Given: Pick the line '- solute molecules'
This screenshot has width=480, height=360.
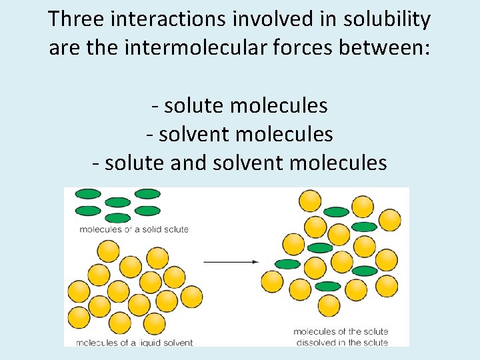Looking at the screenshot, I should coord(239,105).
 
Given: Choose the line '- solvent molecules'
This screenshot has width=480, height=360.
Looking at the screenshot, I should coord(239,134).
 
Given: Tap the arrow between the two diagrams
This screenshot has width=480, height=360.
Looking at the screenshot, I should coord(231,262).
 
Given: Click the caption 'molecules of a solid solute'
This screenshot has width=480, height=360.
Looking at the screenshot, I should coord(134,229).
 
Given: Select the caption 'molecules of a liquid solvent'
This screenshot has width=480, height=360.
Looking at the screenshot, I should coord(135,343).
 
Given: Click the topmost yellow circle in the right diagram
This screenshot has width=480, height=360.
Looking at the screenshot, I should coord(310,200).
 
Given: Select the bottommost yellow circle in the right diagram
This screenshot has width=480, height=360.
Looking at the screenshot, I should coord(329,305).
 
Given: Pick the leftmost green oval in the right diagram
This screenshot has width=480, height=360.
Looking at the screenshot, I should coord(287,264).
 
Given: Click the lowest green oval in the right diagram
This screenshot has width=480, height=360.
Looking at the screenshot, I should coord(327,287).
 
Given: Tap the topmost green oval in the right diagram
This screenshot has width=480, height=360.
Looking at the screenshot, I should coord(336,212).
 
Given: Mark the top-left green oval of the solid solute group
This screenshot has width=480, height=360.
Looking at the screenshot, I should coord(88,194).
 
